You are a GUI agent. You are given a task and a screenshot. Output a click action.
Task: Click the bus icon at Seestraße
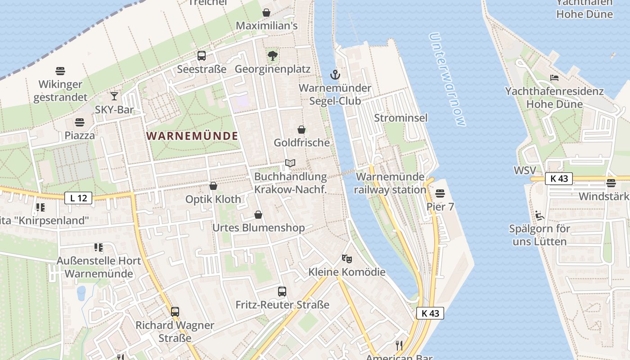click(202, 56)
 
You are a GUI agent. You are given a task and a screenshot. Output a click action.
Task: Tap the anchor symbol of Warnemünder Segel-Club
click(334, 74)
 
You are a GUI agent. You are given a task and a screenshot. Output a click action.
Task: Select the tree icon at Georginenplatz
click(272, 56)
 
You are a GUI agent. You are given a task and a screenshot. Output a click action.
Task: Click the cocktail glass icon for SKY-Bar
click(114, 96)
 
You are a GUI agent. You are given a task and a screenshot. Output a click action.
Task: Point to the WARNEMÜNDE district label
click(193, 135)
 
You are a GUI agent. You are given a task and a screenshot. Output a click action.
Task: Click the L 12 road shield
click(78, 198)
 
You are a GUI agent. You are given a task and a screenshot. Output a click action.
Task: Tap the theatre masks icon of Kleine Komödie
click(346, 258)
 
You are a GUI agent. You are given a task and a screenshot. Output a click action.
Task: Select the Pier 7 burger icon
click(440, 193)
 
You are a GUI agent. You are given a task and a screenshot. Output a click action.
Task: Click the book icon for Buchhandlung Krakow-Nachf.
click(290, 163)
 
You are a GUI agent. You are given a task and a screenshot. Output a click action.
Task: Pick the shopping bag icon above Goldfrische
click(301, 130)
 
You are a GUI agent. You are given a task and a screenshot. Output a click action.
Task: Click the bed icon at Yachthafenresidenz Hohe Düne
click(554, 78)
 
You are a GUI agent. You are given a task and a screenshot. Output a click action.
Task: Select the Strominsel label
click(401, 118)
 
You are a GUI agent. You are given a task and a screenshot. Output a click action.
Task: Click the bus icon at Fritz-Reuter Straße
click(282, 291)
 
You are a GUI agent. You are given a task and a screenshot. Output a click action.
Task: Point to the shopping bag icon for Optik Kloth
click(213, 185)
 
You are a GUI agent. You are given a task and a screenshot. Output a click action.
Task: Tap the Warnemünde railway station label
click(390, 183)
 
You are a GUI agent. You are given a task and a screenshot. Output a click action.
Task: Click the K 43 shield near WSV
click(559, 178)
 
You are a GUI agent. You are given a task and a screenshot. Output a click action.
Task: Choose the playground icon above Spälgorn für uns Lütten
click(540, 215)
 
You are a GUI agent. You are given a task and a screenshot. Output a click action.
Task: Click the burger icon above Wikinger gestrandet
click(61, 71)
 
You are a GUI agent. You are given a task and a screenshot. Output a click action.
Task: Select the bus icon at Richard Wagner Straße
click(175, 311)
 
